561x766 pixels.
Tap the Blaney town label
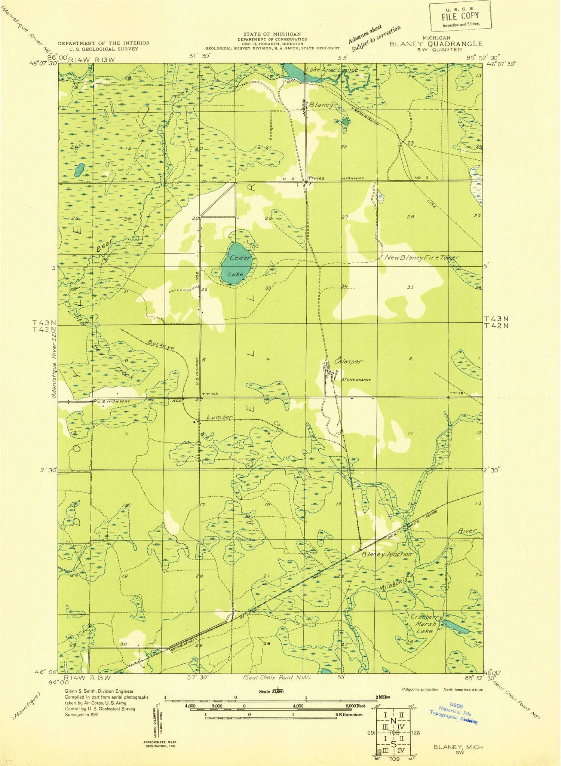coord(321,105)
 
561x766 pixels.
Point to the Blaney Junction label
coord(387,554)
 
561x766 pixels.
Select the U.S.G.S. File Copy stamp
coord(460,16)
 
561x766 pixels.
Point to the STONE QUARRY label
coord(356,380)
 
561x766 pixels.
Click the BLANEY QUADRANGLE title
coord(436,43)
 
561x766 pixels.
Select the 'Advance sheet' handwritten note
coord(365,34)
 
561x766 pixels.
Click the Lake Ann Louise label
coord(331,70)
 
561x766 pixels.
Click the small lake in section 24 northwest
coord(79,170)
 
